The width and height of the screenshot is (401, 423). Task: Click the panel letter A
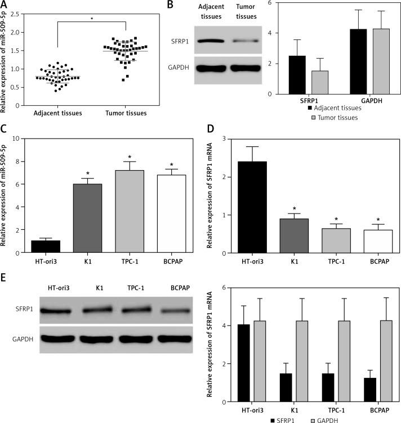coord(5,4)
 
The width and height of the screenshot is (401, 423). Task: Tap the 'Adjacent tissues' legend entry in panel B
coord(333,108)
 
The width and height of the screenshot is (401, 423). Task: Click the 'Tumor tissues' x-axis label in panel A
coord(126,113)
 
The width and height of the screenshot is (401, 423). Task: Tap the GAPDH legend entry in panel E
coord(325,418)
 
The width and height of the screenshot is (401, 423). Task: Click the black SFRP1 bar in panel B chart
coord(297,75)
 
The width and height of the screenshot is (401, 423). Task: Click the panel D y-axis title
coord(209,196)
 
